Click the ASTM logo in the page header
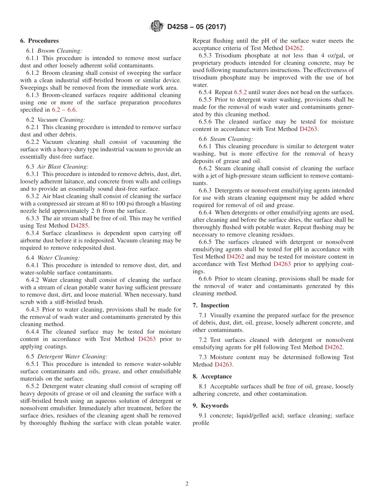[x=157, y=27]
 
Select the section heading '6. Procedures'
[x=39, y=41]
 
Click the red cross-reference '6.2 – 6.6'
[x=64, y=110]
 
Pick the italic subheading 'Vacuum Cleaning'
[x=61, y=120]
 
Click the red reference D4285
[x=80, y=226]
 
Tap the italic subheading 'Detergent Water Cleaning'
[x=72, y=356]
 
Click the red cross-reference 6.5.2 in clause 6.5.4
[x=240, y=92]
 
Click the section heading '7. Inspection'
[x=211, y=306]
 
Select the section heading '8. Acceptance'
[x=212, y=377]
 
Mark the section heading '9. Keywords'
[x=210, y=406]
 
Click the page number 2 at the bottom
[x=187, y=484]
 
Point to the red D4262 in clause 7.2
[x=333, y=347]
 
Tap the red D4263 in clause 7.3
[x=223, y=365]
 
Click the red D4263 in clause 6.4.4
[x=147, y=339]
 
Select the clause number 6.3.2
[x=33, y=196]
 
